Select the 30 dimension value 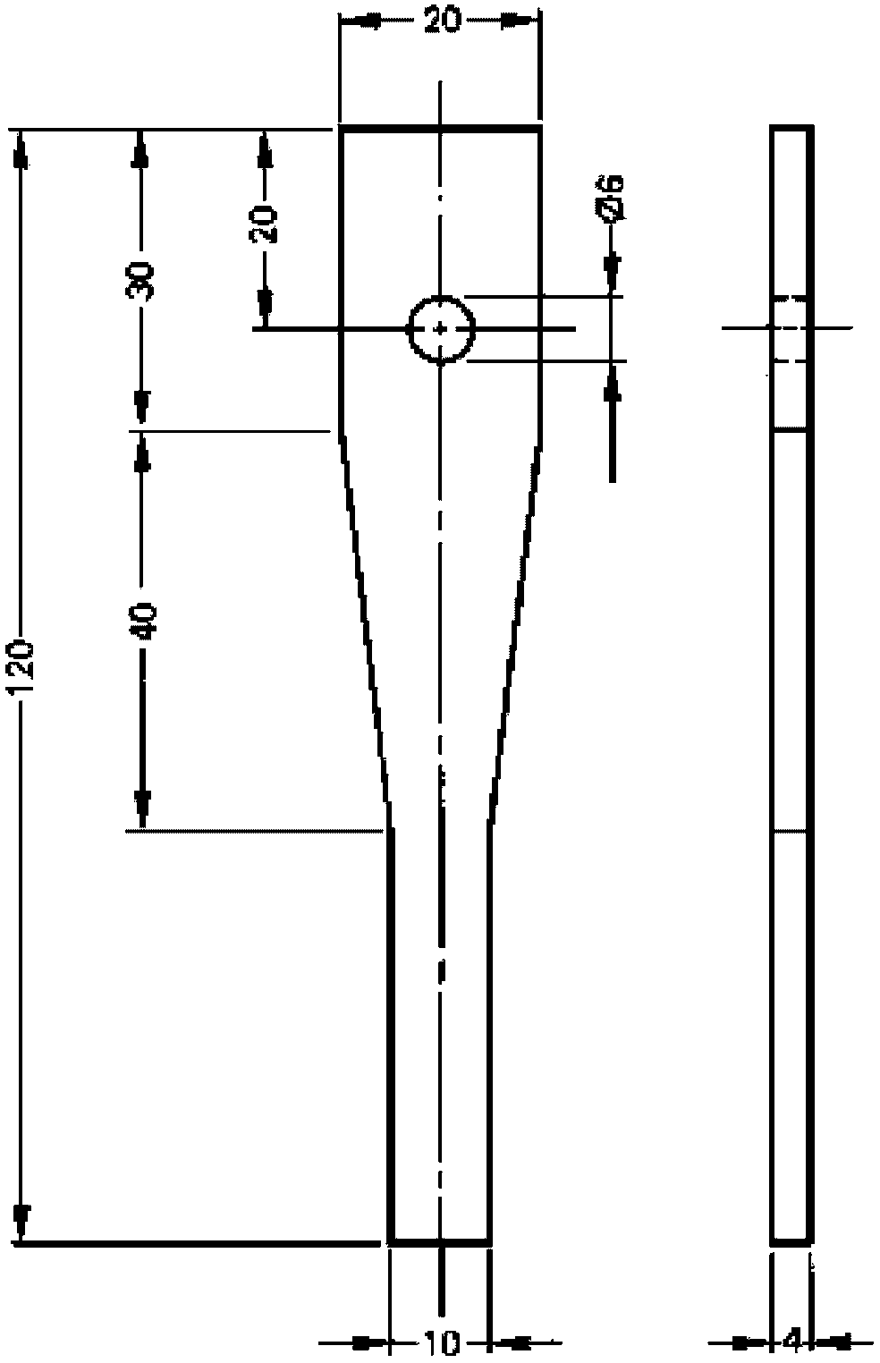140,281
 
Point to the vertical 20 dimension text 264,224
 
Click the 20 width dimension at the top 441,21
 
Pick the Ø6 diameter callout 612,199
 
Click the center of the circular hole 441,329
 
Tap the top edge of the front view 440,129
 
